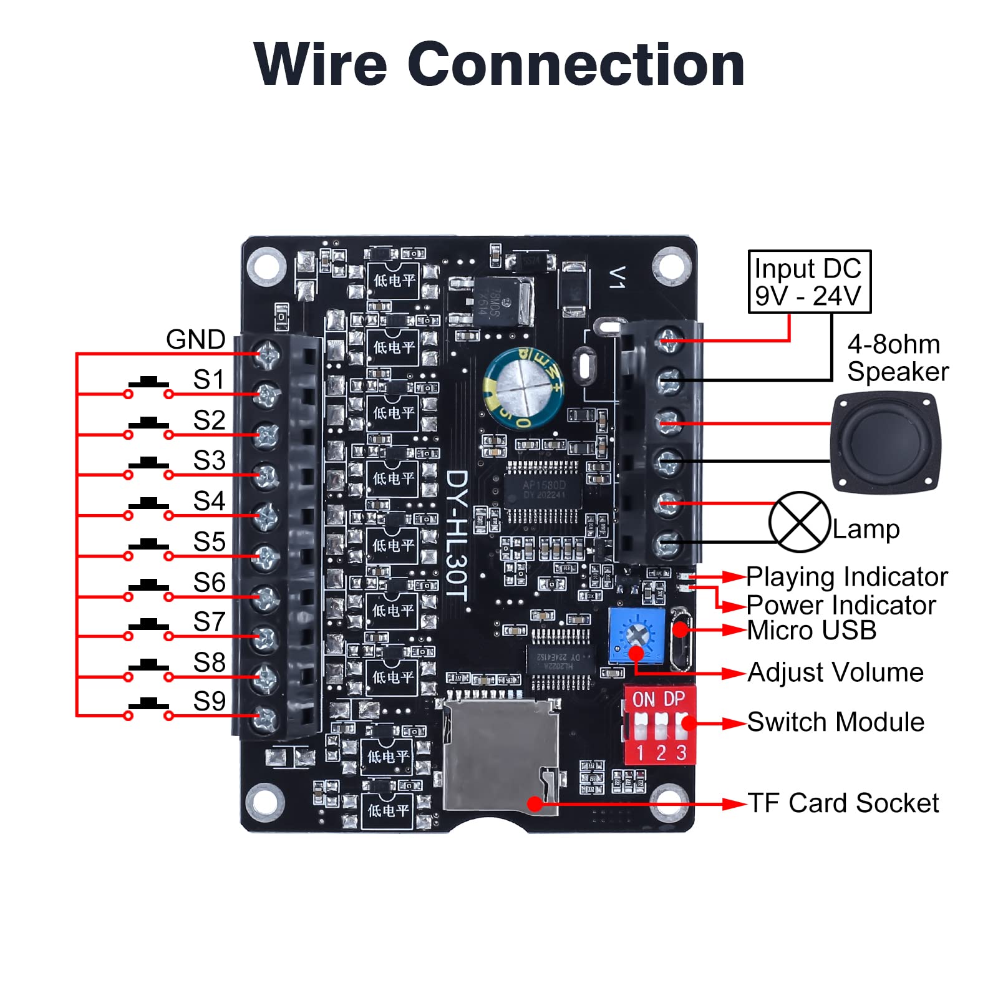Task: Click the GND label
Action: coord(195,340)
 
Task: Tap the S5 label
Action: coord(209,542)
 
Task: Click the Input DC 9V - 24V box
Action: coord(809,282)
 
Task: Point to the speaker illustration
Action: coord(886,443)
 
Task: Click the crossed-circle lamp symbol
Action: coord(799,522)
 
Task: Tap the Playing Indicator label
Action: coord(846,577)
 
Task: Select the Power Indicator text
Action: coord(841,605)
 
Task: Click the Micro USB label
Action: coord(811,631)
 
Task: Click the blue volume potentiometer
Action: coord(637,636)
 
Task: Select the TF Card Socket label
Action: coord(843,803)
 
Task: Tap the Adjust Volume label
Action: coord(835,672)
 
